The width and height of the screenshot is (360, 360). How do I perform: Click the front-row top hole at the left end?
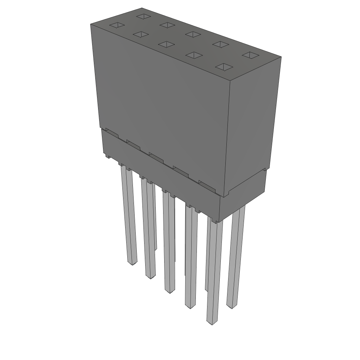pyautogui.click(x=117, y=25)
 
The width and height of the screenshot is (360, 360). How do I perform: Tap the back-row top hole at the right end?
pyautogui.click(x=250, y=55)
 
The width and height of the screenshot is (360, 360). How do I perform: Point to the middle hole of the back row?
pyautogui.click(x=192, y=34)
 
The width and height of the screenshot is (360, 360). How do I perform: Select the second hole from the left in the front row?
pyautogui.click(x=140, y=34)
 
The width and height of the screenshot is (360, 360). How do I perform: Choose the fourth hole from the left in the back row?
pyautogui.click(x=221, y=44)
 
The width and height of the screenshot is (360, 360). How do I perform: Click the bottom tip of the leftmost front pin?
pyautogui.click(x=132, y=263)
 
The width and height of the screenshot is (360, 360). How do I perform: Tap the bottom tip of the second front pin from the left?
pyautogui.click(x=150, y=277)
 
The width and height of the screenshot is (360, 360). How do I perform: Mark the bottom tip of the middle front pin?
pyautogui.click(x=170, y=291)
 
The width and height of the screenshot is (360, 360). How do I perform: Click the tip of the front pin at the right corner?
pyautogui.click(x=211, y=323)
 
